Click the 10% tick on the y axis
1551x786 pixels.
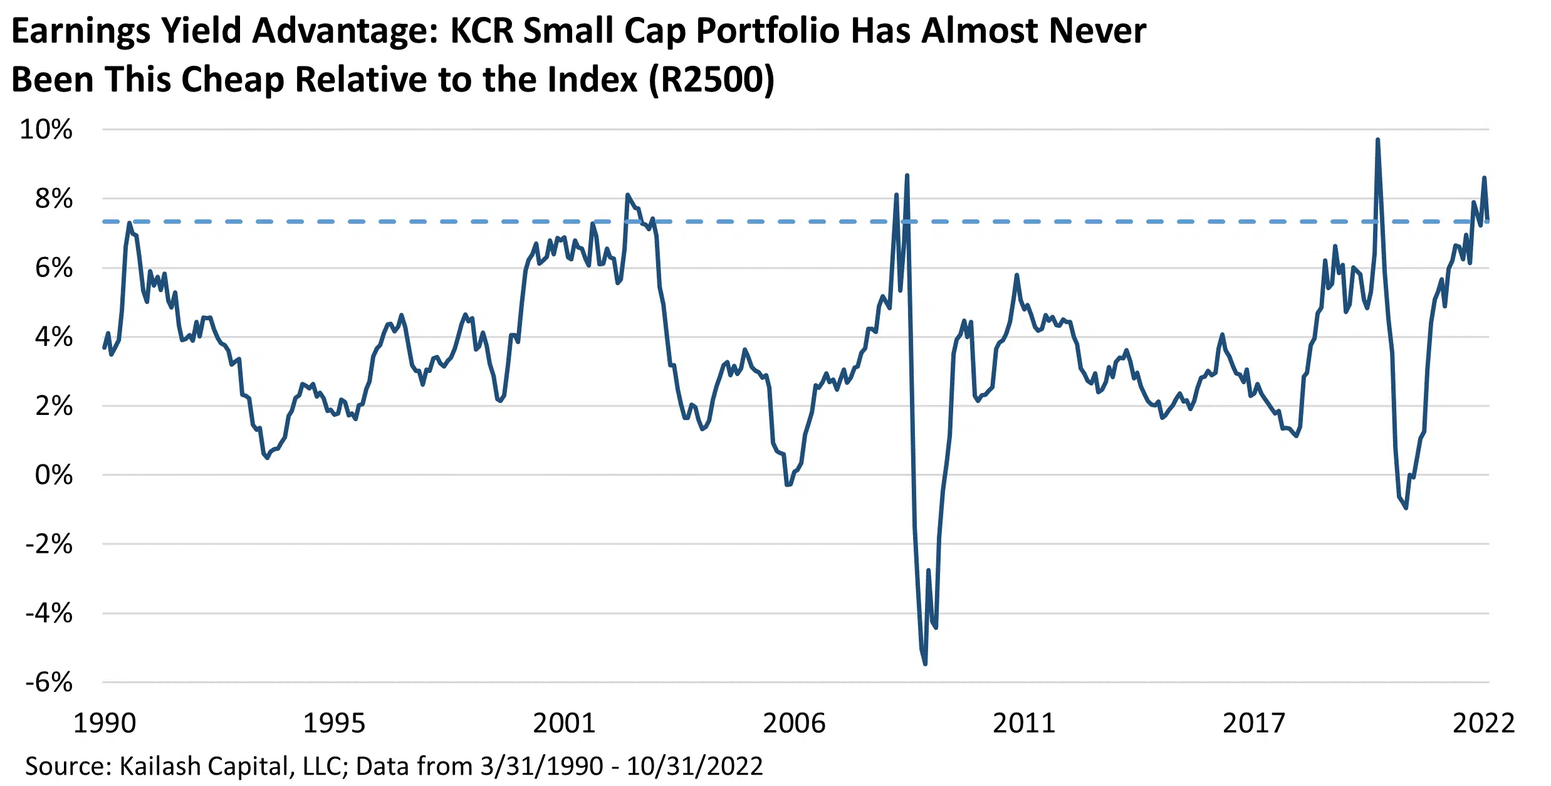click(x=46, y=130)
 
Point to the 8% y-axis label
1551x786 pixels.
click(x=53, y=199)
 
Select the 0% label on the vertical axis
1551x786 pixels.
click(x=53, y=475)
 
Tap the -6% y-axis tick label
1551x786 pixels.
click(x=49, y=682)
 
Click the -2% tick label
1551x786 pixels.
click(x=49, y=544)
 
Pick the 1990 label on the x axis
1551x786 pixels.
click(x=105, y=723)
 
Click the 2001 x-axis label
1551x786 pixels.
click(x=564, y=723)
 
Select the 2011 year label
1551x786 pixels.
click(x=1024, y=723)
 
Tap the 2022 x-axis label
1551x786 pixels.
click(x=1483, y=723)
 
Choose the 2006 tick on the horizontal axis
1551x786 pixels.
click(x=794, y=723)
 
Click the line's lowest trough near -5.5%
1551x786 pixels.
click(x=926, y=663)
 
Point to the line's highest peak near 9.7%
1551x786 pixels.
click(x=1377, y=140)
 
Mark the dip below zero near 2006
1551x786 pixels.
click(x=788, y=484)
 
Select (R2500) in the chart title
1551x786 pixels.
click(x=712, y=80)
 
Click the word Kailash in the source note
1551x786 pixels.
click(x=160, y=766)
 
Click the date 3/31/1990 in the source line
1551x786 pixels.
click(x=541, y=766)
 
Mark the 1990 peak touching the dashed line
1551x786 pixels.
click(x=130, y=223)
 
